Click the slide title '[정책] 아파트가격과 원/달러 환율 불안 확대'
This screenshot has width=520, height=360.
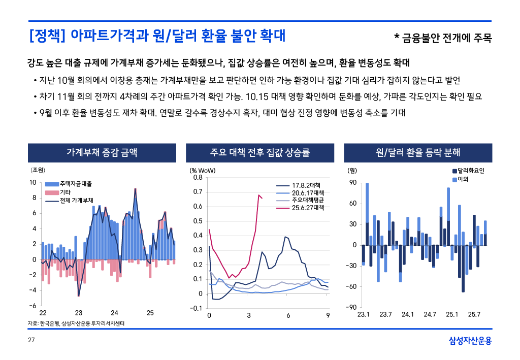157,36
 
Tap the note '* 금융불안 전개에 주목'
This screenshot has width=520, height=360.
443,38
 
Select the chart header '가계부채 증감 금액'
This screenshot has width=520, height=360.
102,152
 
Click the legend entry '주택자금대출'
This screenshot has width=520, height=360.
76,184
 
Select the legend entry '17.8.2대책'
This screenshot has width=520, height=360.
308,186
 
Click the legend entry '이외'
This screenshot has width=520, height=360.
463,179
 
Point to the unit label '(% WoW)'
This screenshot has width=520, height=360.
203,171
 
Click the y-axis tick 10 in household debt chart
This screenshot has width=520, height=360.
32,182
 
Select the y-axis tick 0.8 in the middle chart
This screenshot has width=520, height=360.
198,178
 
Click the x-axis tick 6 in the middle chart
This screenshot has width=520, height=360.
288,316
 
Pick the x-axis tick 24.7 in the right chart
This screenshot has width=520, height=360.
430,315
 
